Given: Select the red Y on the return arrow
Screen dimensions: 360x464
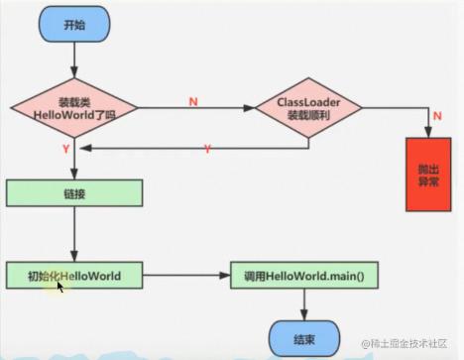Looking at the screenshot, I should (207, 149).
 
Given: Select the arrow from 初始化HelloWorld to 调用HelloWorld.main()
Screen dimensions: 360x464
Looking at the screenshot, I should (187, 275).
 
